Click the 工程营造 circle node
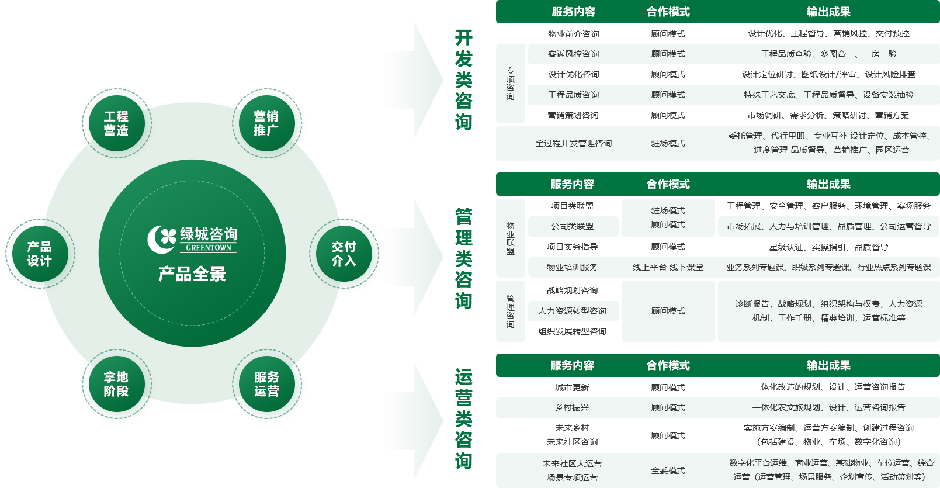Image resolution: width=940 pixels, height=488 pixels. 116,123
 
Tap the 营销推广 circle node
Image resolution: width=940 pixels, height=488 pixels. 266,123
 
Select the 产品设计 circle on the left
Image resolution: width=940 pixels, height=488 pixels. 39,254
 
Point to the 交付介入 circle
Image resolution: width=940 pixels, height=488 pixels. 344,254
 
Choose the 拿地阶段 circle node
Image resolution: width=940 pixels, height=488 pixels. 116,384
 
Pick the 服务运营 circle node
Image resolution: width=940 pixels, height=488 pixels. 266,384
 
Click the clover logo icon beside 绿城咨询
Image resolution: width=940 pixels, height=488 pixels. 162,239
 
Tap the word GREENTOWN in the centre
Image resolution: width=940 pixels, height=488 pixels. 208,248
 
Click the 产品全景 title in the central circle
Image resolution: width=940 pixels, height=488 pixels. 192,274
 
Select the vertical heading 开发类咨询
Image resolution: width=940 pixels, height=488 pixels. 463,79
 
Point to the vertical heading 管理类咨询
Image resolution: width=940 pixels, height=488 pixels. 463,258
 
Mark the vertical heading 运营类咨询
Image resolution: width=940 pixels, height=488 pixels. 463,418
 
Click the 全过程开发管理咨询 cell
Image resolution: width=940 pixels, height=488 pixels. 573,143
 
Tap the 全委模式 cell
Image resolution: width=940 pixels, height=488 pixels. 668,470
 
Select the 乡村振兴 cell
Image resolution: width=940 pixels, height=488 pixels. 572,407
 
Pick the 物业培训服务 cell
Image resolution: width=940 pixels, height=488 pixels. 572,267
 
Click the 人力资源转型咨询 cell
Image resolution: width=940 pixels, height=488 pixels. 573,311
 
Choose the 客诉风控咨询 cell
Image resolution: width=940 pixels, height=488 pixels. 573,54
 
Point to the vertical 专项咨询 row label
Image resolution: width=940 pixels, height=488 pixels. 510,84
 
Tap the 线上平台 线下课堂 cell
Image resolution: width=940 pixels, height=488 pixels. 668,267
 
